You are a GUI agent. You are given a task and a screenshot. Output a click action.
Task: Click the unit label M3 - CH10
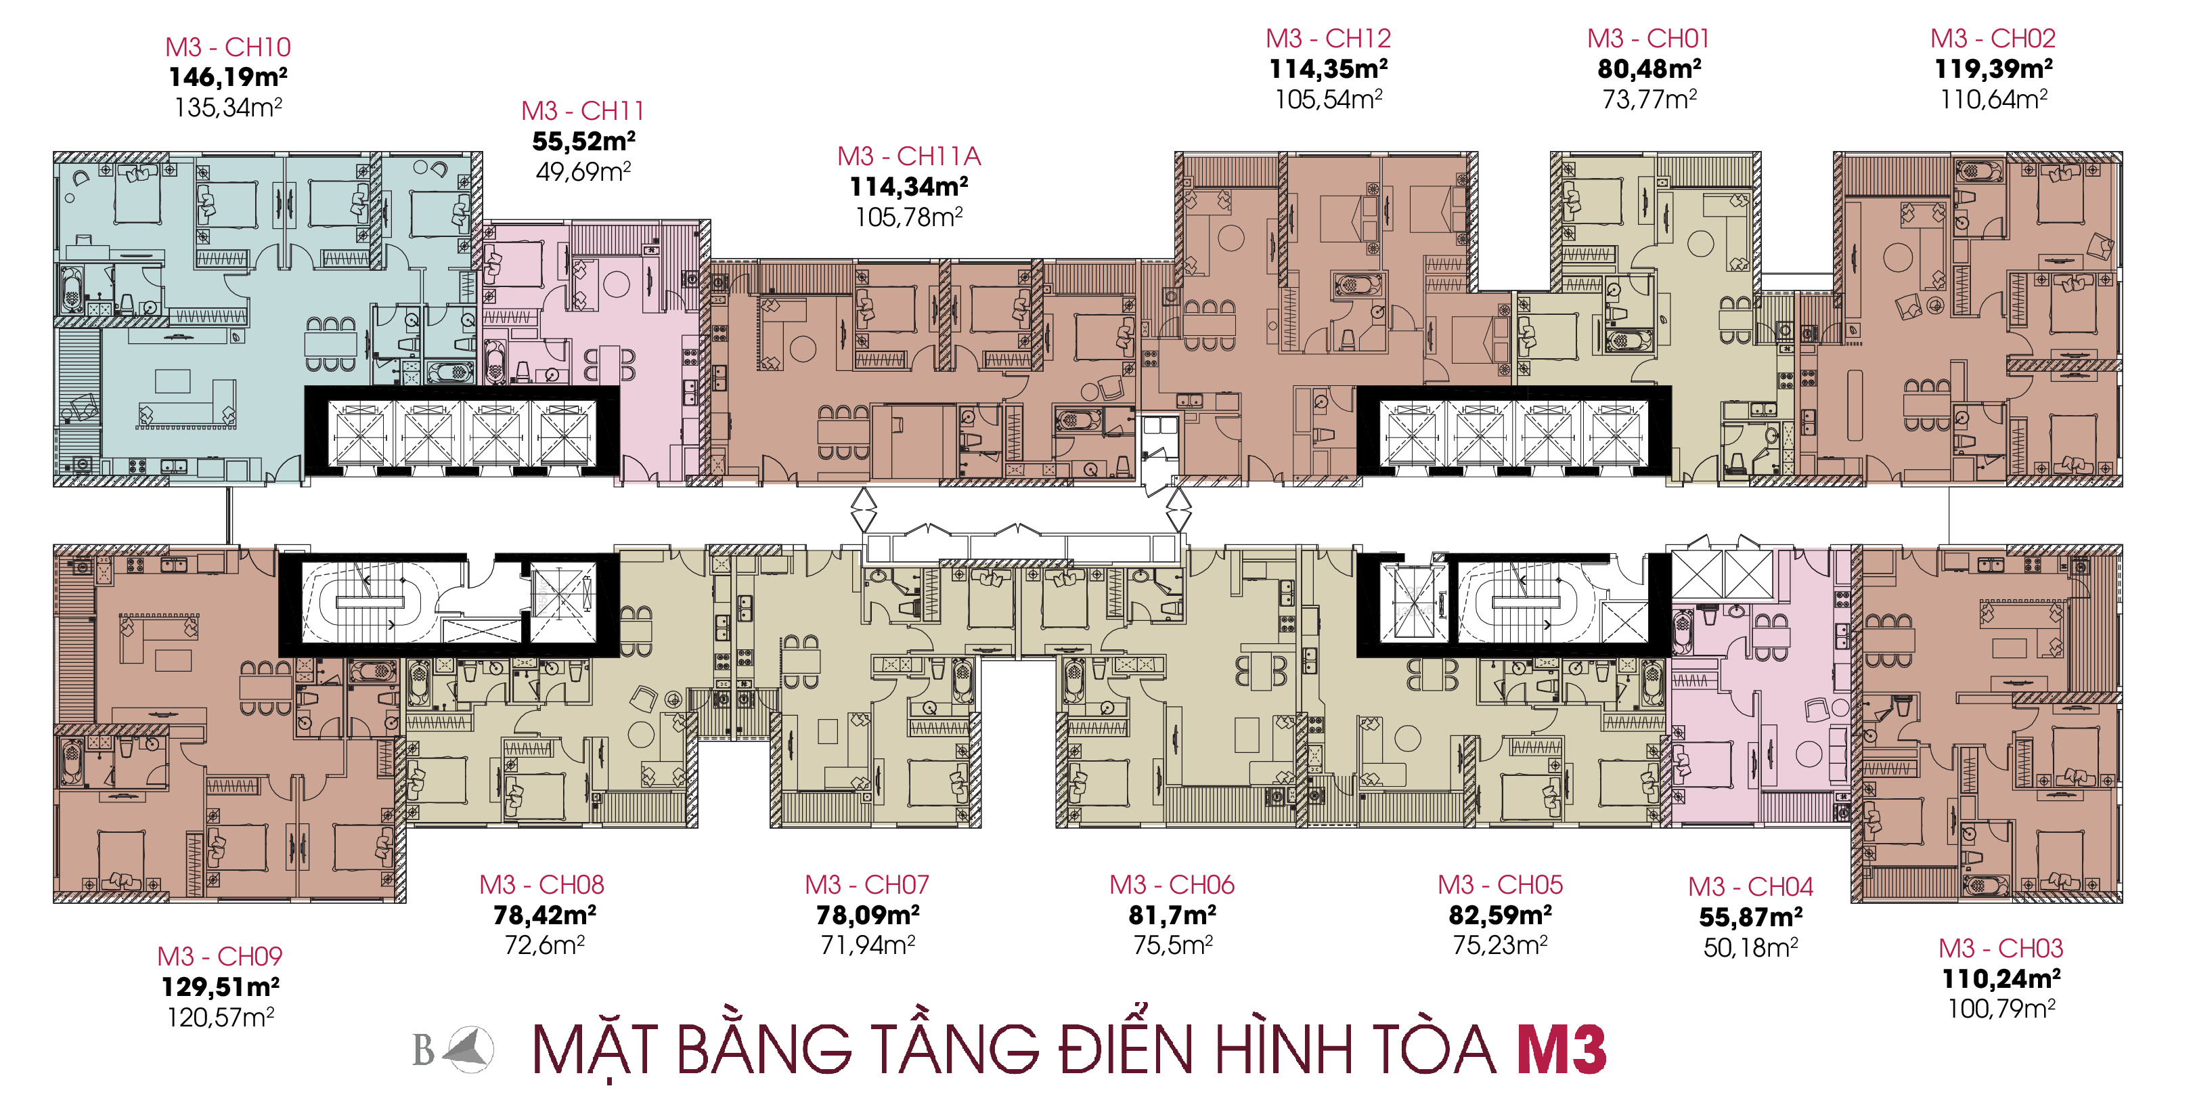(x=228, y=47)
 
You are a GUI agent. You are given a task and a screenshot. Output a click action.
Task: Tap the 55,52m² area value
(x=584, y=140)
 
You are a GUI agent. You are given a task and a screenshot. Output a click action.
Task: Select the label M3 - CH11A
(x=908, y=156)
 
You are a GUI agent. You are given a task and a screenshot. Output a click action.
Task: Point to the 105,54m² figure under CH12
(x=1328, y=99)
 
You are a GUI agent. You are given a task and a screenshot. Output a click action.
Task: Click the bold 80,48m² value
(x=1649, y=68)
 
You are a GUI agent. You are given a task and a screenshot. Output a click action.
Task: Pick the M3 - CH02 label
(x=1993, y=39)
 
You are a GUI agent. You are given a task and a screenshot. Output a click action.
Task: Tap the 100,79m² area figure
(x=2001, y=1008)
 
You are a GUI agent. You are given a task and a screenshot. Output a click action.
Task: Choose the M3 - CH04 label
(x=1750, y=886)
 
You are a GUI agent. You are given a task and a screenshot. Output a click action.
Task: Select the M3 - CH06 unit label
(x=1172, y=884)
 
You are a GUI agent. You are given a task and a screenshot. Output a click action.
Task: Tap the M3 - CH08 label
(x=541, y=884)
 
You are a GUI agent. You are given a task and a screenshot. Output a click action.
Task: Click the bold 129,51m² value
(x=221, y=987)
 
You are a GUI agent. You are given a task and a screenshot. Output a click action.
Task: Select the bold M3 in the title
(x=1562, y=1049)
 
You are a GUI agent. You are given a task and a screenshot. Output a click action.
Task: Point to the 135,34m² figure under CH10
(x=228, y=107)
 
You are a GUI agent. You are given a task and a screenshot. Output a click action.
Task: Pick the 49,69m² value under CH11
(x=583, y=171)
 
